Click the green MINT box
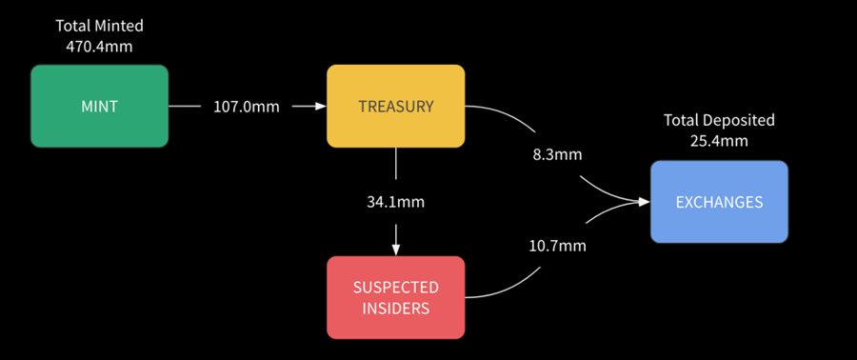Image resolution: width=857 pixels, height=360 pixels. pyautogui.click(x=99, y=106)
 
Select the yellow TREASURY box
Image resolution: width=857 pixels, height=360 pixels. pyautogui.click(x=396, y=106)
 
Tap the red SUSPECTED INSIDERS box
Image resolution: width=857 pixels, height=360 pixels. pyautogui.click(x=396, y=298)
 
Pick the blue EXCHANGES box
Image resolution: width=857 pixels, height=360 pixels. pyautogui.click(x=719, y=202)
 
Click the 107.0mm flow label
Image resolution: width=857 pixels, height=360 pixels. pyautogui.click(x=246, y=107)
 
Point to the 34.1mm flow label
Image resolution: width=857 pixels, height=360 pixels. pyautogui.click(x=396, y=202)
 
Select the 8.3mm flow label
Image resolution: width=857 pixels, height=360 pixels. pyautogui.click(x=557, y=154)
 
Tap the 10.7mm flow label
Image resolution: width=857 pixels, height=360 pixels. pyautogui.click(x=557, y=247)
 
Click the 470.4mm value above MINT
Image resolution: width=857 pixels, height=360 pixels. pyautogui.click(x=99, y=46)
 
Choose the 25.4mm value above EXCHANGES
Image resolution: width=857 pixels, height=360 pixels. pyautogui.click(x=719, y=141)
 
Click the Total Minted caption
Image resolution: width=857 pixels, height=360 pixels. pyautogui.click(x=99, y=25)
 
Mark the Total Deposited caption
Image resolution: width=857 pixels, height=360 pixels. pyautogui.click(x=719, y=120)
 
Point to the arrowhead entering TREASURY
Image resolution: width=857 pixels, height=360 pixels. pyautogui.click(x=321, y=107)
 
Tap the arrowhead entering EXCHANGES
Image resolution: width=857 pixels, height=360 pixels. pyautogui.click(x=645, y=202)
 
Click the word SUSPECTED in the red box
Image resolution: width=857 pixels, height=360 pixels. pyautogui.click(x=396, y=288)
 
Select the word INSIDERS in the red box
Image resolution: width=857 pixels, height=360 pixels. pyautogui.click(x=396, y=309)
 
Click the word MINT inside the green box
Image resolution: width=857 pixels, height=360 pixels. pyautogui.click(x=99, y=107)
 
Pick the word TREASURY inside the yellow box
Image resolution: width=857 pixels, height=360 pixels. pyautogui.click(x=396, y=107)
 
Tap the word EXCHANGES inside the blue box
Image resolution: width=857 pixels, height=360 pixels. pyautogui.click(x=719, y=202)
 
